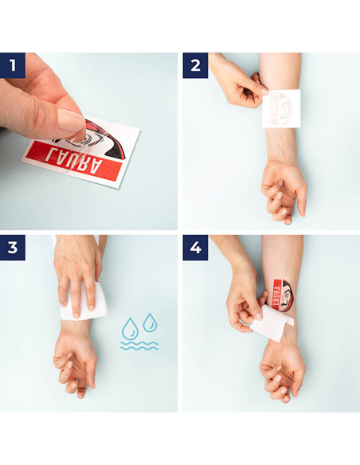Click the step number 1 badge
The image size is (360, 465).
point(13,65)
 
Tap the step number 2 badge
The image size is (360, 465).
point(195,65)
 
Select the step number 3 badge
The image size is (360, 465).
point(13,247)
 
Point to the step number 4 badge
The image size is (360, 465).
point(195,247)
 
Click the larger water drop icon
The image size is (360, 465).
point(130,329)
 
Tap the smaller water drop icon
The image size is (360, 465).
point(149,322)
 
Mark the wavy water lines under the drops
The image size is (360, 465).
point(139,346)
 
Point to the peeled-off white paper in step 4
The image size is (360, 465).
point(272,323)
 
